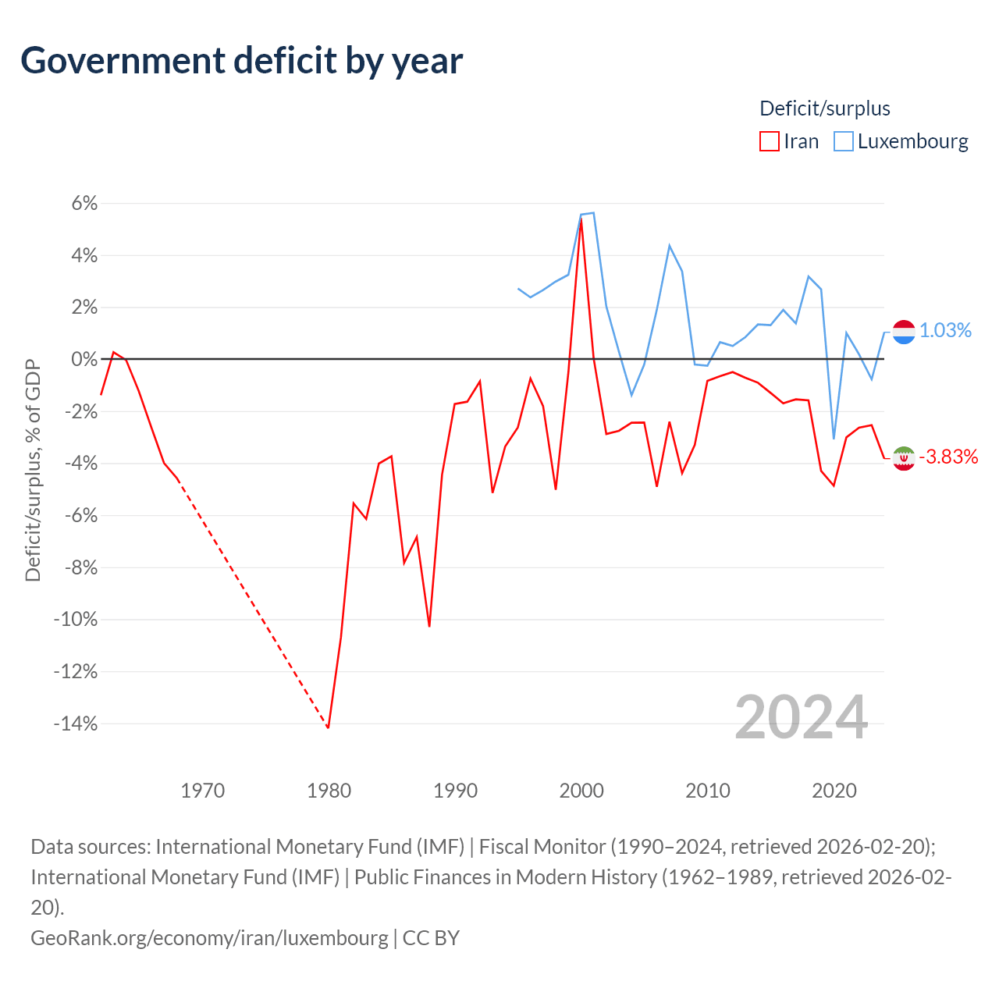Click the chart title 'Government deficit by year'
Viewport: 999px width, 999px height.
[x=242, y=61]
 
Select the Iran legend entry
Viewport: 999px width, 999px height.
[x=790, y=141]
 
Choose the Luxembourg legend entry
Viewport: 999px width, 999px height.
[x=901, y=141]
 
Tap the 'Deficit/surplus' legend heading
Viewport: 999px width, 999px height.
[x=825, y=108]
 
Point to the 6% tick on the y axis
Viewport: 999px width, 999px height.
[x=84, y=204]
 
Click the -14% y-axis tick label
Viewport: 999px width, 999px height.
[x=76, y=723]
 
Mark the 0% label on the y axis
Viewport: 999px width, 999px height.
[x=84, y=360]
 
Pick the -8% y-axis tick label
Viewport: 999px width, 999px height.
[x=80, y=567]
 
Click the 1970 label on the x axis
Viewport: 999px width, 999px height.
[x=203, y=791]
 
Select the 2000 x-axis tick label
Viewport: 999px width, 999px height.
[x=581, y=791]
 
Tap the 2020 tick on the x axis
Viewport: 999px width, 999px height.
[x=834, y=791]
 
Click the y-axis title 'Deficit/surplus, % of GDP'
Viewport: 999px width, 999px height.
[x=33, y=470]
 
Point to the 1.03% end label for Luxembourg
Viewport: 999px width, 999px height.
[x=945, y=331]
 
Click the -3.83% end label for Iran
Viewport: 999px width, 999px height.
[x=948, y=457]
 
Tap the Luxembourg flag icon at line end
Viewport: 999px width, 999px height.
[x=904, y=332]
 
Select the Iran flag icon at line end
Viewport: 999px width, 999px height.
[x=904, y=458]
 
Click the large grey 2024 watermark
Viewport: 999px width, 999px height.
[x=802, y=717]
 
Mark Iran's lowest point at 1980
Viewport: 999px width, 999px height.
[x=329, y=727]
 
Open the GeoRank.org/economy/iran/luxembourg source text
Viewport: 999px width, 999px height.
[x=209, y=937]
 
